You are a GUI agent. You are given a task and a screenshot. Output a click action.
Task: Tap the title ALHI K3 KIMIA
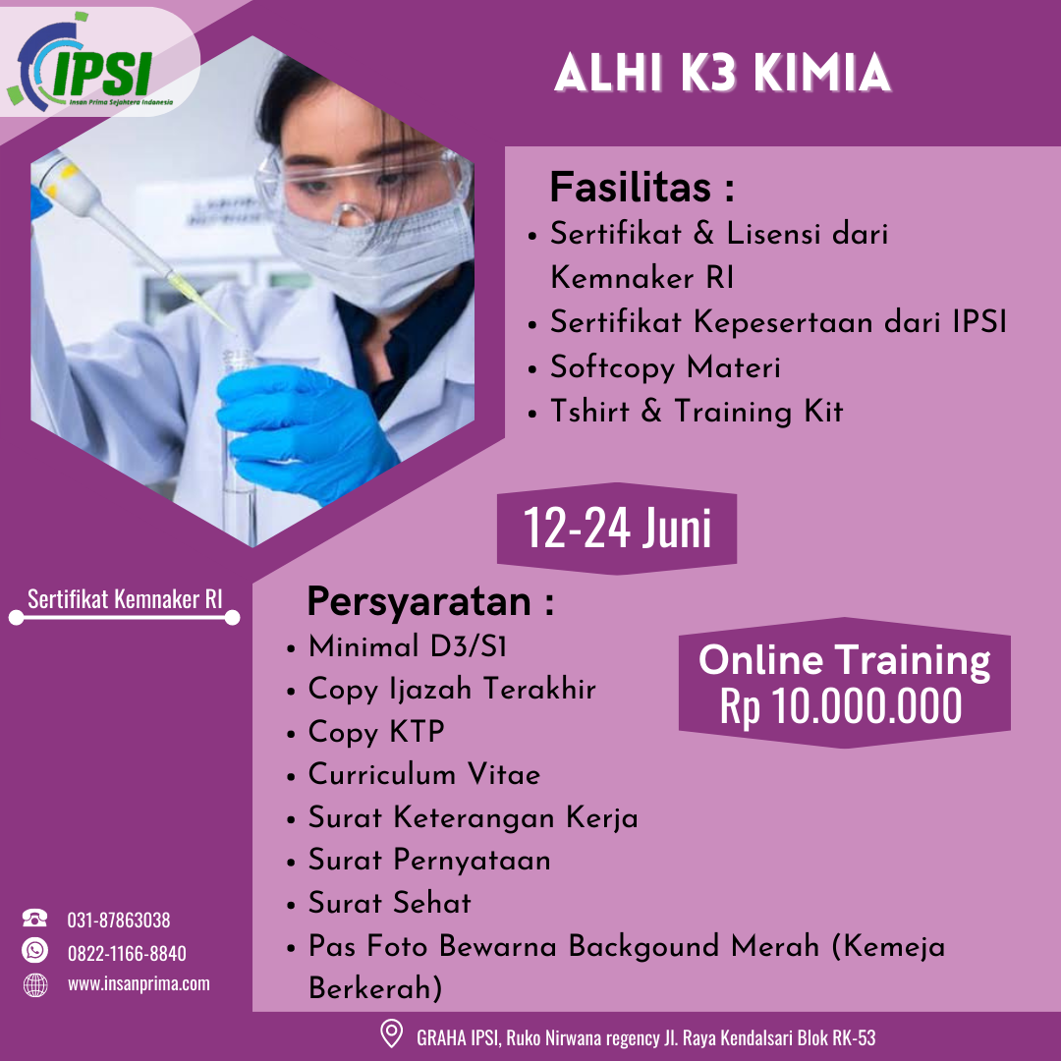(722, 76)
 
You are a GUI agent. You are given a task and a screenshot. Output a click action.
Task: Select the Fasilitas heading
(642, 187)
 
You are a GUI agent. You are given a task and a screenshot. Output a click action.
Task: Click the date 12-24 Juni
(617, 529)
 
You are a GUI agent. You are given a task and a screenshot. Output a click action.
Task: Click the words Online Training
(844, 660)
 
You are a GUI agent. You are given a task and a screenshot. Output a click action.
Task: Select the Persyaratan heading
(430, 601)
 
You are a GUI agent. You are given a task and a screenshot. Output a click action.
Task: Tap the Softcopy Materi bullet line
(665, 367)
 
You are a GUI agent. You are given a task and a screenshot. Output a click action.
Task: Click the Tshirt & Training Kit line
(696, 411)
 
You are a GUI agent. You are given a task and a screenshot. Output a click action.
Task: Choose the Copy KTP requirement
(376, 732)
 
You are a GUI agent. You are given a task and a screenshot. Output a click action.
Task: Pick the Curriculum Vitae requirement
(424, 774)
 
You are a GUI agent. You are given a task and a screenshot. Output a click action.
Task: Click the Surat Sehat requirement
(390, 902)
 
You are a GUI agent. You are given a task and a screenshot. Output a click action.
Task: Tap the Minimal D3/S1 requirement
(408, 646)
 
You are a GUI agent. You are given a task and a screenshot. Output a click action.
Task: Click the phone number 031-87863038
(119, 921)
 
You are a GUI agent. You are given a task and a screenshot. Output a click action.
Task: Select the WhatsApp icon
(35, 951)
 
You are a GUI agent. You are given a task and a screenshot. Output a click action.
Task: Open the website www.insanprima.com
(139, 983)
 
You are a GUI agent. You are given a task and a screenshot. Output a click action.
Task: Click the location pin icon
(391, 1035)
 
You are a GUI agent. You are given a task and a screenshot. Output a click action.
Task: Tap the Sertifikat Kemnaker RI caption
(125, 599)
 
